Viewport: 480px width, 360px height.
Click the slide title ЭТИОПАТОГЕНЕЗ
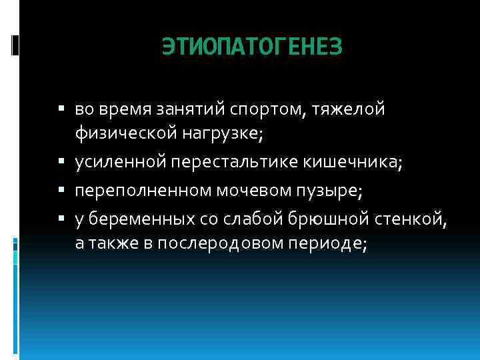click(252, 46)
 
